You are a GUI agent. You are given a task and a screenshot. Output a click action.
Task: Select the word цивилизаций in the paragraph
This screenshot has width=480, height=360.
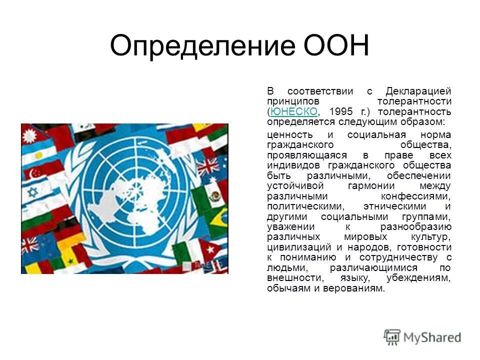pos(294,247)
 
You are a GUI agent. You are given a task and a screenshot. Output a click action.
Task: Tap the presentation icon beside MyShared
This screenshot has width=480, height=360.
pos(392,337)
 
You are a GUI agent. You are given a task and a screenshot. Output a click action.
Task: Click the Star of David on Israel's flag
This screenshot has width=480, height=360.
pos(33,191)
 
